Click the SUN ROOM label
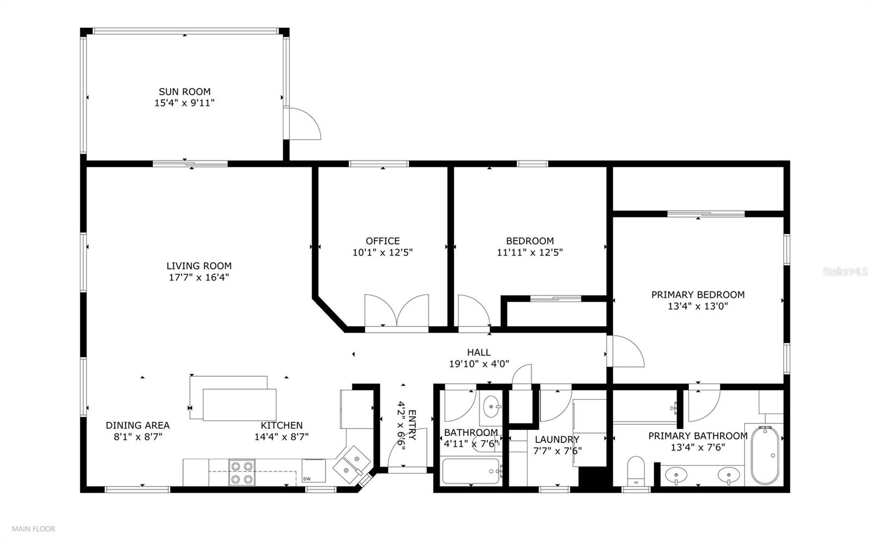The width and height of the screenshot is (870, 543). coord(184,92)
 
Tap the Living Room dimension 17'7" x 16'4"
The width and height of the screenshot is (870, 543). coord(198,277)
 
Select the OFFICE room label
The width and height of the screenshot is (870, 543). coord(382,241)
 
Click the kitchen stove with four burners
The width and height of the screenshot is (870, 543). coord(241,472)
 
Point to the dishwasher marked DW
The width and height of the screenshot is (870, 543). coord(313,471)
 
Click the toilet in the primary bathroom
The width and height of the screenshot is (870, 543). coord(635,470)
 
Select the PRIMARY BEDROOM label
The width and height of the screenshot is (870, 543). coord(698,295)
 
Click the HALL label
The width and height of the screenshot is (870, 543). coord(478,352)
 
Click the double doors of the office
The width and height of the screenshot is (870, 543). coord(397,311)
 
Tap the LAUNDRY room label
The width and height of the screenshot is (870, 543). coord(557,439)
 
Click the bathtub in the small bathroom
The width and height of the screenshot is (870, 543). coord(471,471)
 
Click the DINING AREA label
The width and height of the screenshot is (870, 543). coord(138,426)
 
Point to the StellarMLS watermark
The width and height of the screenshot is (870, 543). coord(845,271)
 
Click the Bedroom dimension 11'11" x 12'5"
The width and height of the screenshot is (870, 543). coord(529,252)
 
